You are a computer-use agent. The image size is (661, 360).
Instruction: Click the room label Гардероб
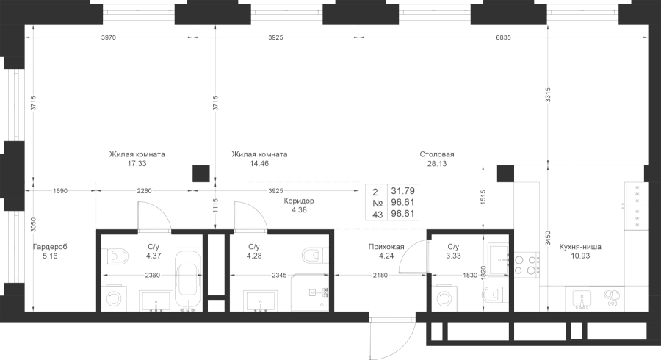click(50, 248)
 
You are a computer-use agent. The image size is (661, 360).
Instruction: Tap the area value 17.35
click(137, 165)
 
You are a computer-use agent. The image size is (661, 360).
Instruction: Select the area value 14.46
click(259, 165)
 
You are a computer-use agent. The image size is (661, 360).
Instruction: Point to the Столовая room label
click(437, 155)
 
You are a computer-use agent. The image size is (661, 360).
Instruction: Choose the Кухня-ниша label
click(579, 247)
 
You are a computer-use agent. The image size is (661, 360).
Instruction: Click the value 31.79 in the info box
click(404, 190)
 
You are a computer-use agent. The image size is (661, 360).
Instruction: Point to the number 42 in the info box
click(379, 215)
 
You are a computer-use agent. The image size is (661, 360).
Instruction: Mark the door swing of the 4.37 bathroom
click(151, 215)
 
